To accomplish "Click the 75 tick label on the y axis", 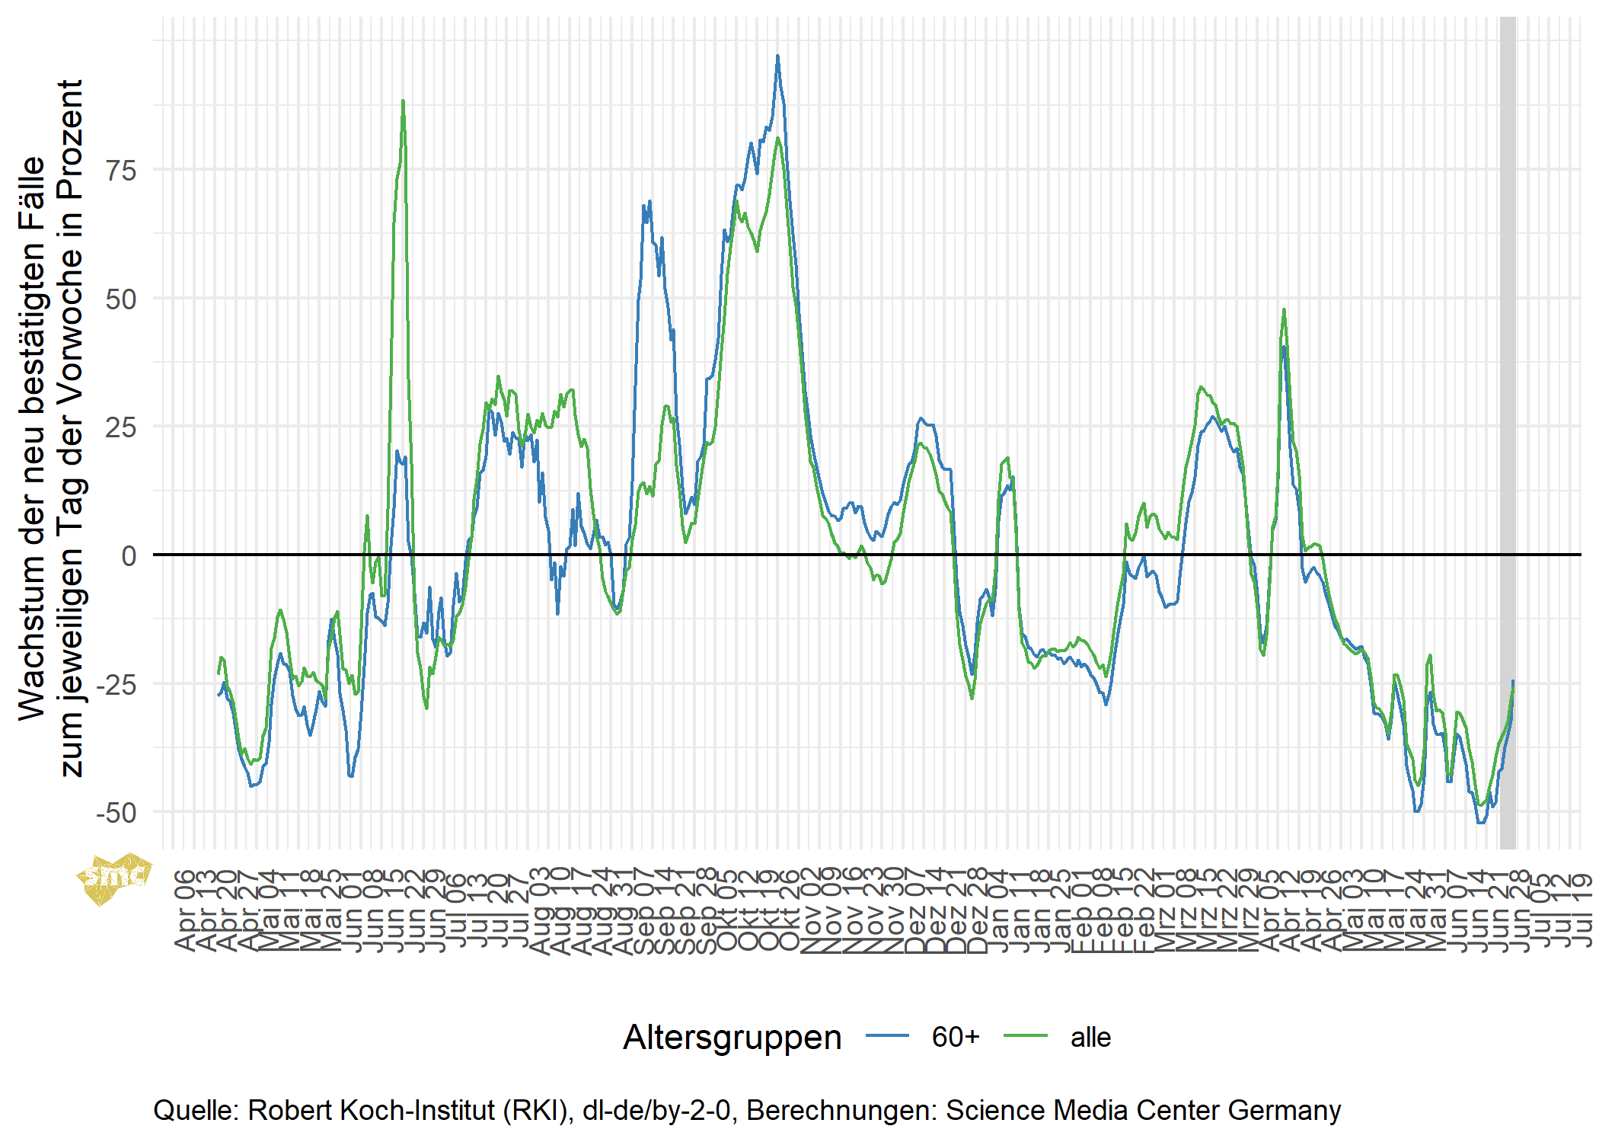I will pos(121,170).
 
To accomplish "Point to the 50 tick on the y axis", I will pos(121,299).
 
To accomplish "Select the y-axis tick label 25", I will pos(121,427).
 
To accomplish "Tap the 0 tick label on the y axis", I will pos(129,555).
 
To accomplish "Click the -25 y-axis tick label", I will pos(116,684).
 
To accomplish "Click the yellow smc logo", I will pos(113,878).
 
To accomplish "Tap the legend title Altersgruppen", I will pos(732,1038).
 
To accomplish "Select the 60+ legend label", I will pos(956,1038).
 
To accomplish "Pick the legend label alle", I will pos(1090,1038).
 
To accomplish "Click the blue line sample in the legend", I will pos(887,1036).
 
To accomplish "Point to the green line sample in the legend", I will pos(1025,1036).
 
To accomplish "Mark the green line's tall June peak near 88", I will pos(403,102).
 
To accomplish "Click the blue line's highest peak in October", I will pos(777,56).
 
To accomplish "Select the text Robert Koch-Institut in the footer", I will pos(371,1110).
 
